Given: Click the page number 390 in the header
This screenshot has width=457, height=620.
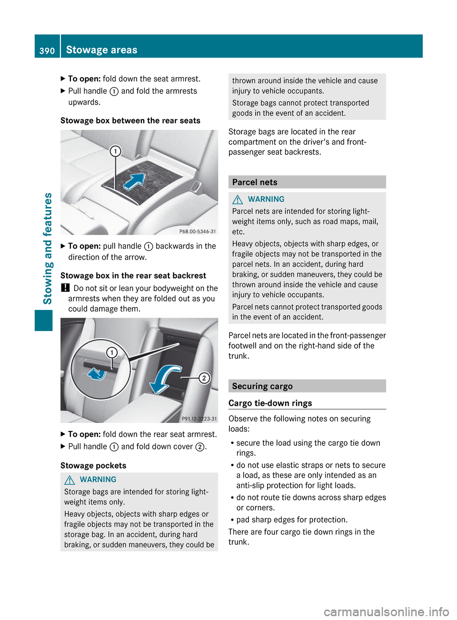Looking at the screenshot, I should (x=47, y=50).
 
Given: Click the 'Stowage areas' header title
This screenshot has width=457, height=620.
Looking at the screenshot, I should (x=101, y=50).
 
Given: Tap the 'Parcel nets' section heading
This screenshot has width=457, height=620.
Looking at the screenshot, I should (x=255, y=182).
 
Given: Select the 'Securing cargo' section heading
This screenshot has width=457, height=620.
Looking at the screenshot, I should (x=262, y=386).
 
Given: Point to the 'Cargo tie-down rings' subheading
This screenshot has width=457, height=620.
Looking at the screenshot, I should (x=270, y=403).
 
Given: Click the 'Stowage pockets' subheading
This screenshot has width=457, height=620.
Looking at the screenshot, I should (x=93, y=466).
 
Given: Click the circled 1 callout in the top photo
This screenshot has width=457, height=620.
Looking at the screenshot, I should (x=115, y=151).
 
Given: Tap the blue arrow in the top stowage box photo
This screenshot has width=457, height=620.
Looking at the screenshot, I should (x=135, y=181).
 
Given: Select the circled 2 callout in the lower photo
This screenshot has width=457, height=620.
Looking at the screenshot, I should (x=204, y=378).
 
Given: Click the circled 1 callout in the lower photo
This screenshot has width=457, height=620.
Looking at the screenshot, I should (x=112, y=353).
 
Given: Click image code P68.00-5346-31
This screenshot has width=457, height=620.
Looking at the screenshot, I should (x=198, y=231).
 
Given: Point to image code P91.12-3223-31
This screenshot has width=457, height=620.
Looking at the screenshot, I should (x=199, y=419).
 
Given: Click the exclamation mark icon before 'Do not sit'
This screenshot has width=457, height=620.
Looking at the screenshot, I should (x=65, y=288).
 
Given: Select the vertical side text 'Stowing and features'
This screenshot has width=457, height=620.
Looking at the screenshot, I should (x=48, y=248).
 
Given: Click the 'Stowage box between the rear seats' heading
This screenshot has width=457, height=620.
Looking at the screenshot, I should (x=130, y=121).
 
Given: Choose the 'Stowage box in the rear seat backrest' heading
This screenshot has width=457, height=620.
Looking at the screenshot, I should (x=133, y=276).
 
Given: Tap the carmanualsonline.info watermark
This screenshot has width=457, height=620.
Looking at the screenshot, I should (x=386, y=611).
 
